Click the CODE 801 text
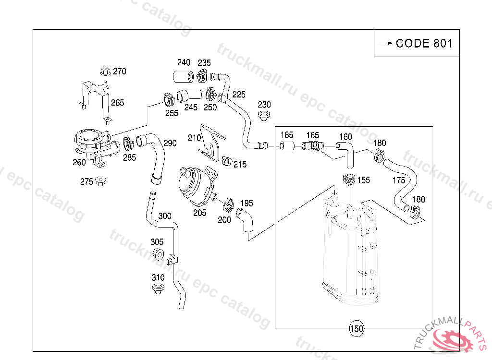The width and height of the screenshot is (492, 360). tap(424, 43)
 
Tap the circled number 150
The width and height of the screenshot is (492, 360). tap(357, 329)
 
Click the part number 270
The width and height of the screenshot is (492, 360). tap(120, 72)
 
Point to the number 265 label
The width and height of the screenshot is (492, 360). tap(118, 102)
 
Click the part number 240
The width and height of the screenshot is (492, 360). tap(184, 62)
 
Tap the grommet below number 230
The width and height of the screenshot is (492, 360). tap(263, 115)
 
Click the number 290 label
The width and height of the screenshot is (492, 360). tap(170, 143)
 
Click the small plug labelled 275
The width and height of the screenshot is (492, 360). tap(100, 180)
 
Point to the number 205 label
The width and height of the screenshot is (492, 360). tap(199, 213)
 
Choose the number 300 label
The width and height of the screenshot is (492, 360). tap(165, 216)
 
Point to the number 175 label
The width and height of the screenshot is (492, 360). tap(399, 180)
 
